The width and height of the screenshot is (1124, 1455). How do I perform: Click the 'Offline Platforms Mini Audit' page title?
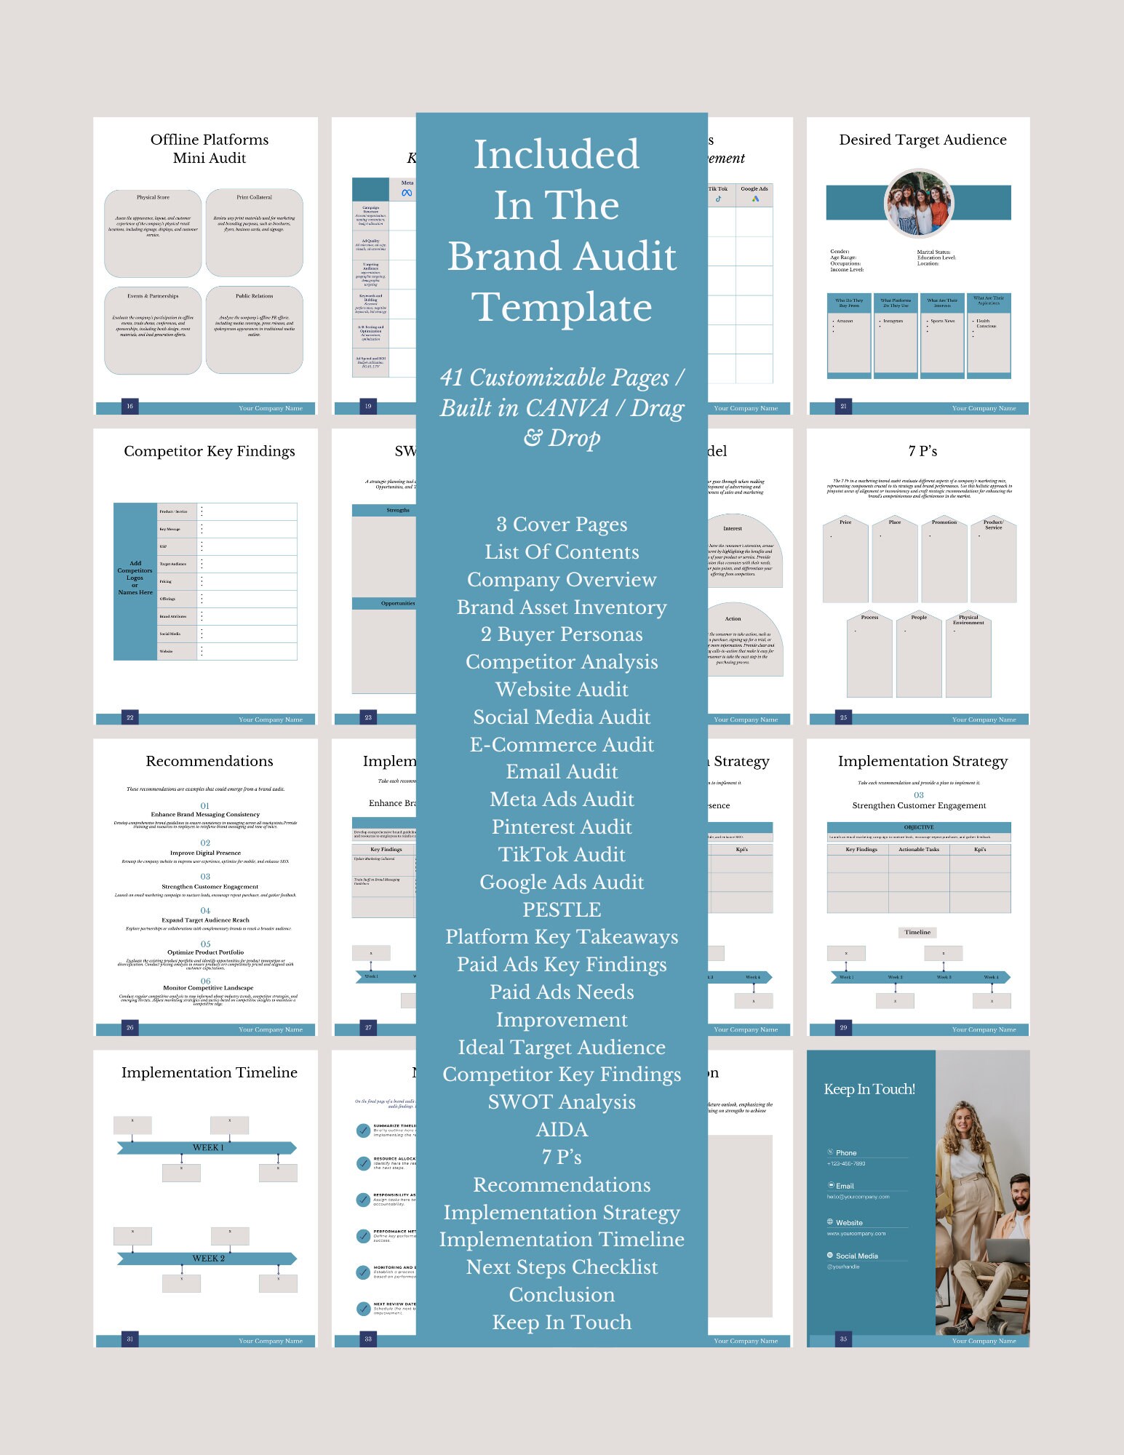pyautogui.click(x=210, y=148)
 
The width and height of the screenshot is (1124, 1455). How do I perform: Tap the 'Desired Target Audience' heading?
pyautogui.click(x=922, y=140)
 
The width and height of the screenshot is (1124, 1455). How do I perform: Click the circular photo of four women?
pyautogui.click(x=919, y=204)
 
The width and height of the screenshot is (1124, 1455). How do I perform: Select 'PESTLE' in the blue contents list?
pyautogui.click(x=562, y=909)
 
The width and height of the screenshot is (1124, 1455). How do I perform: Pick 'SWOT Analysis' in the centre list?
pyautogui.click(x=562, y=1101)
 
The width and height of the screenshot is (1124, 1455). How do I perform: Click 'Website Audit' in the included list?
pyautogui.click(x=562, y=689)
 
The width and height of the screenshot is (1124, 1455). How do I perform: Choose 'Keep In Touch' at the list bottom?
pyautogui.click(x=562, y=1322)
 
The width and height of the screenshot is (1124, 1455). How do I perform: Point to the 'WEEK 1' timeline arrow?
pyautogui.click(x=207, y=1147)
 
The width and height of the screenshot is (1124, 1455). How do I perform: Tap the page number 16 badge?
pyautogui.click(x=129, y=406)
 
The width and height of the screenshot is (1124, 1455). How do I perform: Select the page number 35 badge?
pyautogui.click(x=843, y=1339)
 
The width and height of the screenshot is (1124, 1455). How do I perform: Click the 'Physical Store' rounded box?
pyautogui.click(x=153, y=233)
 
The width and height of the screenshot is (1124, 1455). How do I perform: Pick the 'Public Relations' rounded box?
pyautogui.click(x=254, y=329)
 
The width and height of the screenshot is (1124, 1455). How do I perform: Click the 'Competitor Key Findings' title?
pyautogui.click(x=210, y=451)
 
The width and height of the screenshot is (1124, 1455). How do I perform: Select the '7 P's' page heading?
pyautogui.click(x=922, y=451)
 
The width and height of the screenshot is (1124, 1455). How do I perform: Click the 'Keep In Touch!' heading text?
pyautogui.click(x=869, y=1089)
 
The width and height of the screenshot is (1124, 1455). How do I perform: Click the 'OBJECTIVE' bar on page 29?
pyautogui.click(x=919, y=827)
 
